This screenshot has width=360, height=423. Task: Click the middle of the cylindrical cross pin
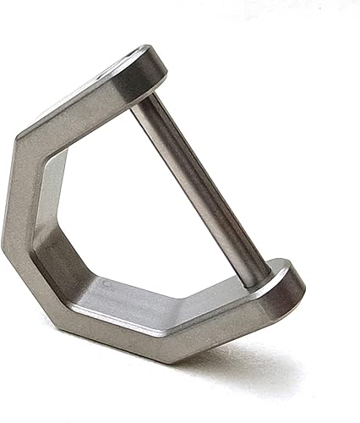click(203, 190)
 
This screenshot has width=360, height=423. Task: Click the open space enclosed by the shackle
click(144, 203)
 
